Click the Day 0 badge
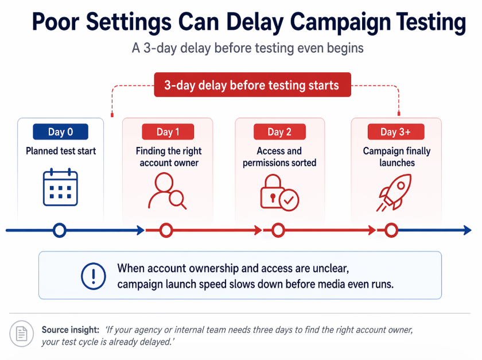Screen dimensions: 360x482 (60, 131)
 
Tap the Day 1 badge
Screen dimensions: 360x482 (168, 131)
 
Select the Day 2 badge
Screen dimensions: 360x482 (279, 131)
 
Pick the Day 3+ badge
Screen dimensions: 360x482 (395, 131)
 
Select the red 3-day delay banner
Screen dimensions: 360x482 (251, 86)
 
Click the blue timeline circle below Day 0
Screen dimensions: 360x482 (59, 231)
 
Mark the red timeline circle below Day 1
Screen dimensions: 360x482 (166, 231)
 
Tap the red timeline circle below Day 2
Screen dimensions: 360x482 (278, 231)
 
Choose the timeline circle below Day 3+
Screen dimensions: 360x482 (391, 231)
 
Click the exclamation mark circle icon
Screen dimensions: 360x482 (91, 276)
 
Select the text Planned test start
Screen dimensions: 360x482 (61, 151)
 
